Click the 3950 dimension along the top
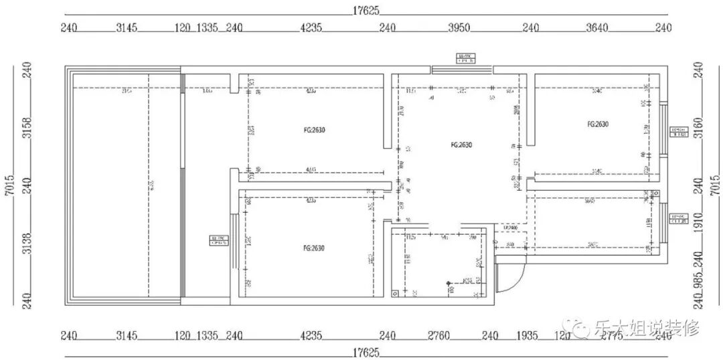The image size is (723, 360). (459, 28)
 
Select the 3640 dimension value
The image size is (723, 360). (596, 28)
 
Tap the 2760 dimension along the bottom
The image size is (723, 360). (441, 335)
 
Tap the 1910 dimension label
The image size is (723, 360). (698, 219)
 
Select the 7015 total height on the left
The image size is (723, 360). (9, 185)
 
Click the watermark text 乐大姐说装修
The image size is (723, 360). (645, 328)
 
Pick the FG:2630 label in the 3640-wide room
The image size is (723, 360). (597, 124)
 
